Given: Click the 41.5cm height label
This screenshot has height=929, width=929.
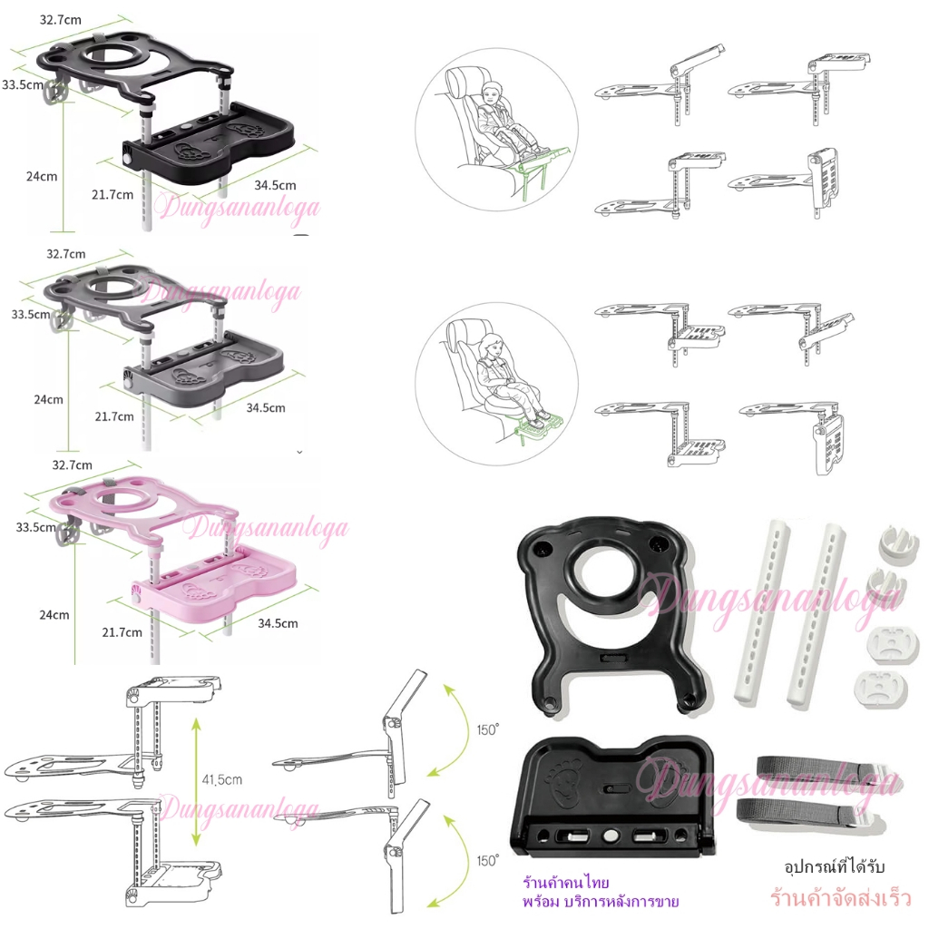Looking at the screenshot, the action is [222, 779].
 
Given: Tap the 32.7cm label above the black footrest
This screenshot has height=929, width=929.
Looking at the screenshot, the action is [61, 20].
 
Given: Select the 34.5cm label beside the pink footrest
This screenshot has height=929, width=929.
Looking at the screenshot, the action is [278, 623].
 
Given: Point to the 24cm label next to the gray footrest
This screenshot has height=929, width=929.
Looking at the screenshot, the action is [49, 399].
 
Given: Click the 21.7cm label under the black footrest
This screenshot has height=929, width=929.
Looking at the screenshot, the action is [112, 194].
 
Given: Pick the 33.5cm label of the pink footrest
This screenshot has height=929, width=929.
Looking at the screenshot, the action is [36, 527].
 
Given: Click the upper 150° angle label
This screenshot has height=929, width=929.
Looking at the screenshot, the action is [487, 729].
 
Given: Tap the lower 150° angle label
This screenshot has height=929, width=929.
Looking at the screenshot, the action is [487, 860].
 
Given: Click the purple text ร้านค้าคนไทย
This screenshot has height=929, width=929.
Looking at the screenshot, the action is [566, 883].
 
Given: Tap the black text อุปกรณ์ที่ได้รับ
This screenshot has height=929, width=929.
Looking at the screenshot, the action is [835, 866].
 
